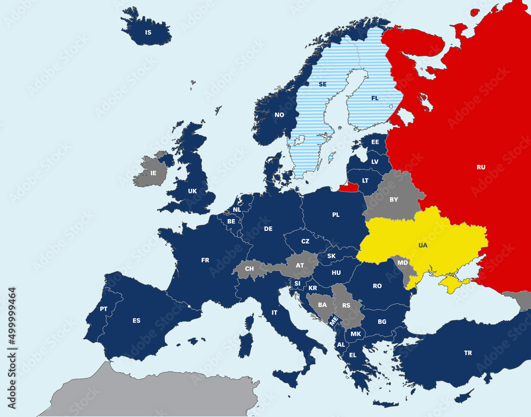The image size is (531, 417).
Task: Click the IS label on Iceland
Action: [x=148, y=32]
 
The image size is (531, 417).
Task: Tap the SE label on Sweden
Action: [x=322, y=84]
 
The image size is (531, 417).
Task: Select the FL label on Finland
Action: [x=375, y=98]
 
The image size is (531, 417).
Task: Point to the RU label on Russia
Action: [x=481, y=167]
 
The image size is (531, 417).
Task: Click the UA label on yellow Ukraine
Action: [x=423, y=246]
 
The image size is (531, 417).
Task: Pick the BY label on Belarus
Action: [x=393, y=200]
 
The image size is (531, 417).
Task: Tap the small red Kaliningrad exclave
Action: [x=349, y=187]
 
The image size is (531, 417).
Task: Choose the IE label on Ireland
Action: [x=153, y=173]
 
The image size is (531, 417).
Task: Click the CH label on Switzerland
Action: [x=249, y=269]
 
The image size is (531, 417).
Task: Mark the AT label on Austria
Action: [x=299, y=265]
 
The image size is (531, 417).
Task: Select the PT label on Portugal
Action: [x=104, y=309]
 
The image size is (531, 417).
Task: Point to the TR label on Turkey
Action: [x=467, y=353]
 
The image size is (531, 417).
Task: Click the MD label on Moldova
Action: [x=402, y=263]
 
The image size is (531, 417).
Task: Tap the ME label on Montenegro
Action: [x=333, y=320]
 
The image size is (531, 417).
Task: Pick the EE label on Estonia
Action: [x=375, y=142]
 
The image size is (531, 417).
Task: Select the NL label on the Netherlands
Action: [x=237, y=210]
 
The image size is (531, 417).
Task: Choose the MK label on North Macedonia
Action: [x=355, y=334]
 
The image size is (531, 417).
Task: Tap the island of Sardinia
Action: [x=245, y=344]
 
